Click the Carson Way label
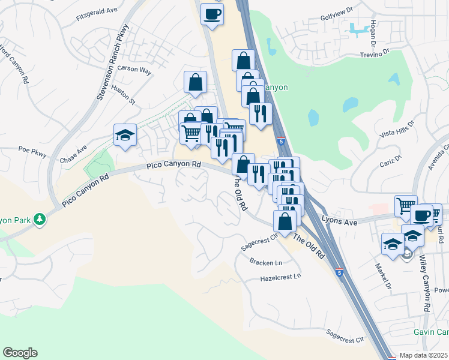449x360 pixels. [134, 69]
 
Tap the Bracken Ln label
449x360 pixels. [266, 263]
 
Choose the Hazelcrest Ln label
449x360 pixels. [280, 278]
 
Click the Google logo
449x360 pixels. [20, 353]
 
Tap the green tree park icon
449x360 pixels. [40, 219]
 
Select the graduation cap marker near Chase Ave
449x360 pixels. [125, 135]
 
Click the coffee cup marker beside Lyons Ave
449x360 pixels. [421, 214]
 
